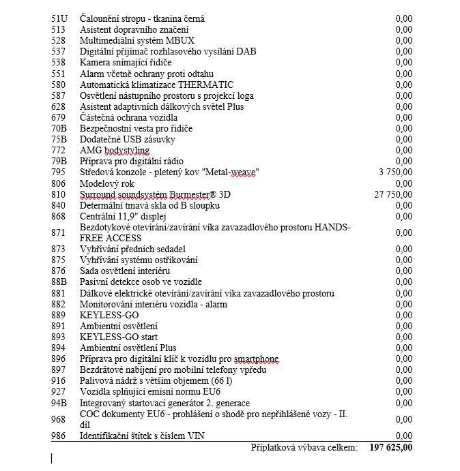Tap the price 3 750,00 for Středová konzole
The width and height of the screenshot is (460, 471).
(x=396, y=172)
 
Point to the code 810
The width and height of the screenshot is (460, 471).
(x=59, y=194)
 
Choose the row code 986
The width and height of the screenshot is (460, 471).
(x=59, y=436)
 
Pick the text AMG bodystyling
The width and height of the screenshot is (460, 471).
(x=115, y=150)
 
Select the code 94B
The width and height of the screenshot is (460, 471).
(x=59, y=403)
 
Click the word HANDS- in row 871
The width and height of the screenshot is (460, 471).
(x=334, y=227)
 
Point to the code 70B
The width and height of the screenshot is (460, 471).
(x=59, y=128)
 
